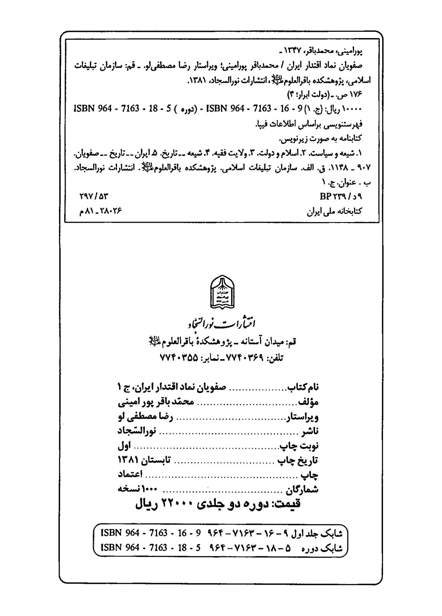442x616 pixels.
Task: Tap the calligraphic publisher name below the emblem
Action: (x=222, y=323)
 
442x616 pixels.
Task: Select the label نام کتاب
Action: (x=303, y=387)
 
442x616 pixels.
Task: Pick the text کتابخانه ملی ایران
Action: (x=334, y=212)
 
